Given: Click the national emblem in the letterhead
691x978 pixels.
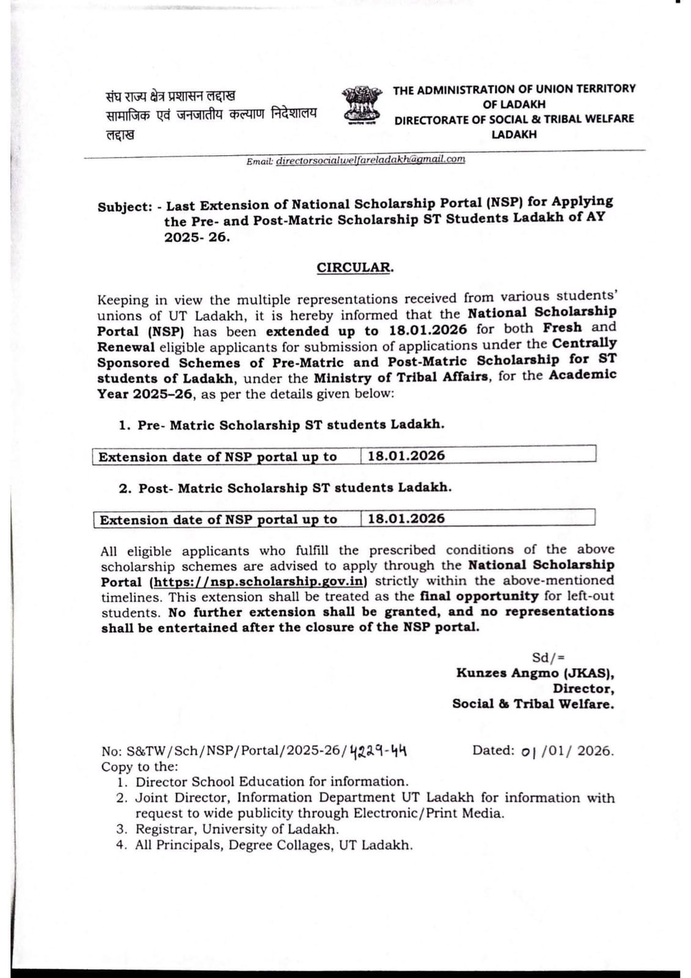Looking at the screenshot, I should point(362,105).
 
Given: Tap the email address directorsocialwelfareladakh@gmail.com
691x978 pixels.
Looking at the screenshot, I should point(370,160).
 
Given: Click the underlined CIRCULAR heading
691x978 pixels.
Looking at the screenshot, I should point(355,268).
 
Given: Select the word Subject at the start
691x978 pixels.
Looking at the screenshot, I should point(124,207).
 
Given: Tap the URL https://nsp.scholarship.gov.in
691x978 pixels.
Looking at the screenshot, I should point(258,581).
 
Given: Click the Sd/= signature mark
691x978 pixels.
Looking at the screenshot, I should point(544,658).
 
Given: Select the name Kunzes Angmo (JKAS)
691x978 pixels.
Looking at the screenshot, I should point(534,673).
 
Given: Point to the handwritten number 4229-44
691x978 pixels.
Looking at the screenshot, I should point(379,751).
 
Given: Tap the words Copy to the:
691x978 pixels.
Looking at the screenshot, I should point(140,767).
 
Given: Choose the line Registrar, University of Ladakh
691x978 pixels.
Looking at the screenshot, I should point(236,829).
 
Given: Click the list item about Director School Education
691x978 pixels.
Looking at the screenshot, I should point(271,782).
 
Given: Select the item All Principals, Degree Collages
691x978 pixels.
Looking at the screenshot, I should point(273,845).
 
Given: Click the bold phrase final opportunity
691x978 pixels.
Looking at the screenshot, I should point(479,596).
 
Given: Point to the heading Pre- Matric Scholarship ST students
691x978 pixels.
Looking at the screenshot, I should point(290,425).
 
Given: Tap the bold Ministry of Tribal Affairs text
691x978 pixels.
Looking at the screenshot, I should point(401,377).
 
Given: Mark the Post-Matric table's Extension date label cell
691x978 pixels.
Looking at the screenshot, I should point(219,520).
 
